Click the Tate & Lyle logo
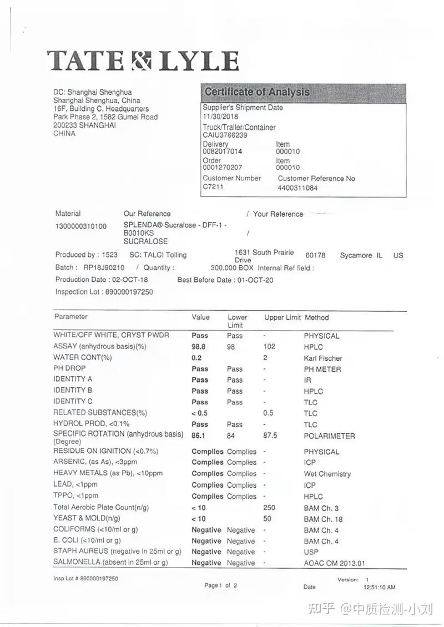pos(143,60)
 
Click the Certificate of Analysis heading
pos(256,92)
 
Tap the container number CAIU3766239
pos(225,135)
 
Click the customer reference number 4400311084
pos(297,188)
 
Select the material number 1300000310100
pos(81,226)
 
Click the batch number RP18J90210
pos(104,267)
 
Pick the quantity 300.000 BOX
pos(233,267)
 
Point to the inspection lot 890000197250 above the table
pos(129,291)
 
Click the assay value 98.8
pos(199,347)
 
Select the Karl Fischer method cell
pos(322,358)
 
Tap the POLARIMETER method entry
pos(329,436)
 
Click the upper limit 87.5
pos(271,436)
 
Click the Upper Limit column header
pos(282,318)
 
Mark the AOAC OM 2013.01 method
pos(334,563)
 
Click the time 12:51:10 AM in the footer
pos(379,586)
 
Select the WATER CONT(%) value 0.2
pos(196,358)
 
